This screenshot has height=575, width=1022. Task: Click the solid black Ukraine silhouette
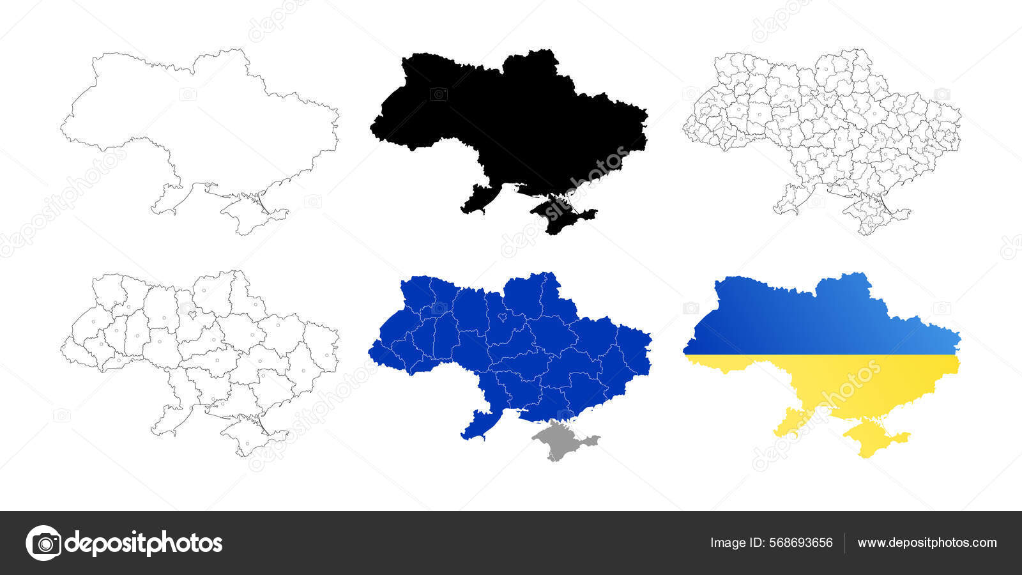coord(511,121)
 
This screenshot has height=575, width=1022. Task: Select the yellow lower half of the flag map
coord(850,383)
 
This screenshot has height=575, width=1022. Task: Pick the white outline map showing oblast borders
coord(198,345)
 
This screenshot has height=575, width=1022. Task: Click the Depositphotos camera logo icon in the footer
coord(43,543)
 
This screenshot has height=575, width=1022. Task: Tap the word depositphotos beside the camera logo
coord(144,543)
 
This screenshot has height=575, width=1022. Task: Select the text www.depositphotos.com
coord(927,543)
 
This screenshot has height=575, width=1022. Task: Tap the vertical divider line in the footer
coord(845,543)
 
